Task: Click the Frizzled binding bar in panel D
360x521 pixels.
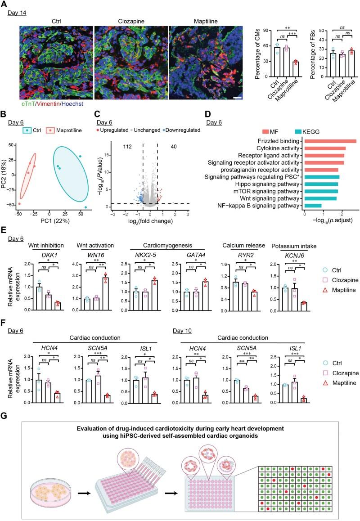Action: pos(330,141)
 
